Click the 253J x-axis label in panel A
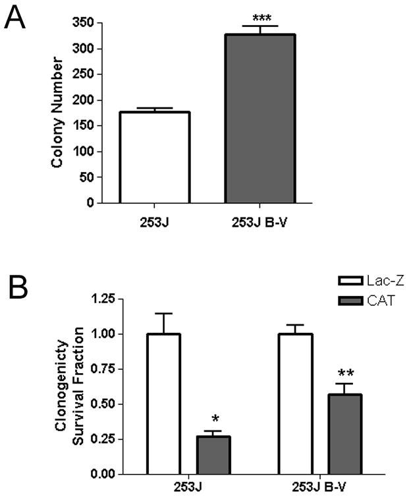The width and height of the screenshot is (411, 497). (x=153, y=220)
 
